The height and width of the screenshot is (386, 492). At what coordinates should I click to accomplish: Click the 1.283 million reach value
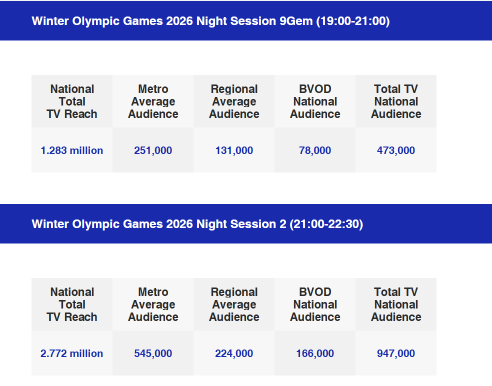[x=72, y=150]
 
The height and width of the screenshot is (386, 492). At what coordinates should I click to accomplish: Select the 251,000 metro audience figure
[x=153, y=150]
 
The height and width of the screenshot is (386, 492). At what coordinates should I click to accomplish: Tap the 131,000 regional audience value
[x=234, y=150]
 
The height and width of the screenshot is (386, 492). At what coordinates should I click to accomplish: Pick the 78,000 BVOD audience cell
[x=315, y=150]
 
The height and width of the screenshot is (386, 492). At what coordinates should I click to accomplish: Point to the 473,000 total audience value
[x=396, y=150]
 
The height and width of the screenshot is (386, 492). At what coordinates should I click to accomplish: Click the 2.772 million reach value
[x=72, y=353]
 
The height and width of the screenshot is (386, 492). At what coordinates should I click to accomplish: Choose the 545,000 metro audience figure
[x=153, y=353]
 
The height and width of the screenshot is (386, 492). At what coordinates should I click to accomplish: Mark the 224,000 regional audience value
[x=234, y=353]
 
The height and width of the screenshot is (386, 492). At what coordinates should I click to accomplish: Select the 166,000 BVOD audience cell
[x=315, y=353]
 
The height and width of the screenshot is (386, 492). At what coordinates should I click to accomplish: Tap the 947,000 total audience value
[x=396, y=353]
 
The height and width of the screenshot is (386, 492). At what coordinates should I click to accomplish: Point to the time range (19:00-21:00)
[x=353, y=21]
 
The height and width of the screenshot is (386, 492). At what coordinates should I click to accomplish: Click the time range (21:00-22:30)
[x=326, y=224]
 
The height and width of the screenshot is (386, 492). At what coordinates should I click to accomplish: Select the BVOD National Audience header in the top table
[x=315, y=101]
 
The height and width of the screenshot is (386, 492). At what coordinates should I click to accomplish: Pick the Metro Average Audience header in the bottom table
[x=153, y=304]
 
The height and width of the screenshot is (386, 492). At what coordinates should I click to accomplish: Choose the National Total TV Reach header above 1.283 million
[x=72, y=101]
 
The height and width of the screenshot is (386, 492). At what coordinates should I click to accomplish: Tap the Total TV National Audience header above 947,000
[x=396, y=304]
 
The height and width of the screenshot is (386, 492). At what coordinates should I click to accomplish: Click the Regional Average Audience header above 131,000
[x=234, y=101]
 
